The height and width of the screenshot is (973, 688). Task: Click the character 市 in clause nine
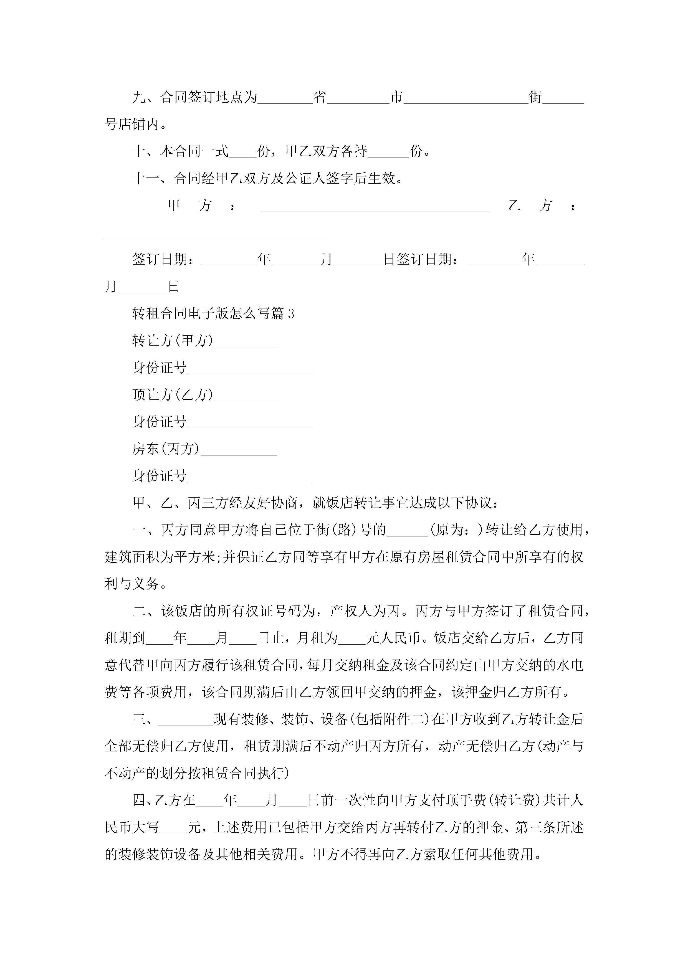pos(396,97)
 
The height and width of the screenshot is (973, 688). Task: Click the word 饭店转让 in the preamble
pos(347,503)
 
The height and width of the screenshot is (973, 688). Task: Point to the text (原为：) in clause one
pos(457,530)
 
